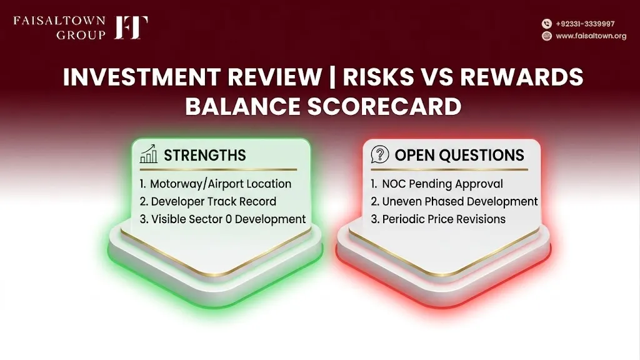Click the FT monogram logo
pyautogui.click(x=131, y=27)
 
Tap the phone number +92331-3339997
pyautogui.click(x=585, y=24)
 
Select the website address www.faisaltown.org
pyautogui.click(x=591, y=36)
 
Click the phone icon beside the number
pyautogui.click(x=546, y=24)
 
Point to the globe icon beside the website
pyautogui.click(x=546, y=36)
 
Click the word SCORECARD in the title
pyautogui.click(x=384, y=106)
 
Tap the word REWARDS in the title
pyautogui.click(x=522, y=77)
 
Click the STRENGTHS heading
pyautogui.click(x=205, y=155)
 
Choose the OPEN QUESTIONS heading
pyautogui.click(x=459, y=155)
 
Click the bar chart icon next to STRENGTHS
pyautogui.click(x=149, y=154)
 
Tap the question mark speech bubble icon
pyautogui.click(x=379, y=155)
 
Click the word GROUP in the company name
pyautogui.click(x=81, y=35)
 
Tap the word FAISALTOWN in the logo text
pyautogui.click(x=59, y=21)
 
